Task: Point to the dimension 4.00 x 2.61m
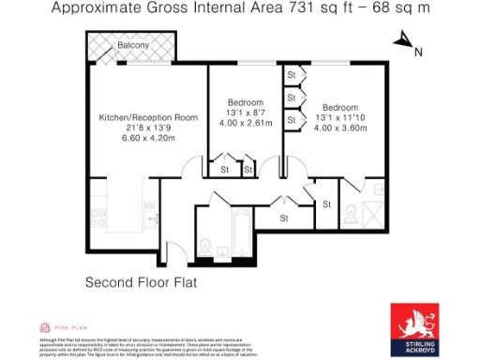(245, 123)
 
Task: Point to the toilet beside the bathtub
(206, 246)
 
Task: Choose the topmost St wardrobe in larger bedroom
(292, 74)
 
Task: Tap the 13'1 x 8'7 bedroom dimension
(245, 112)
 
